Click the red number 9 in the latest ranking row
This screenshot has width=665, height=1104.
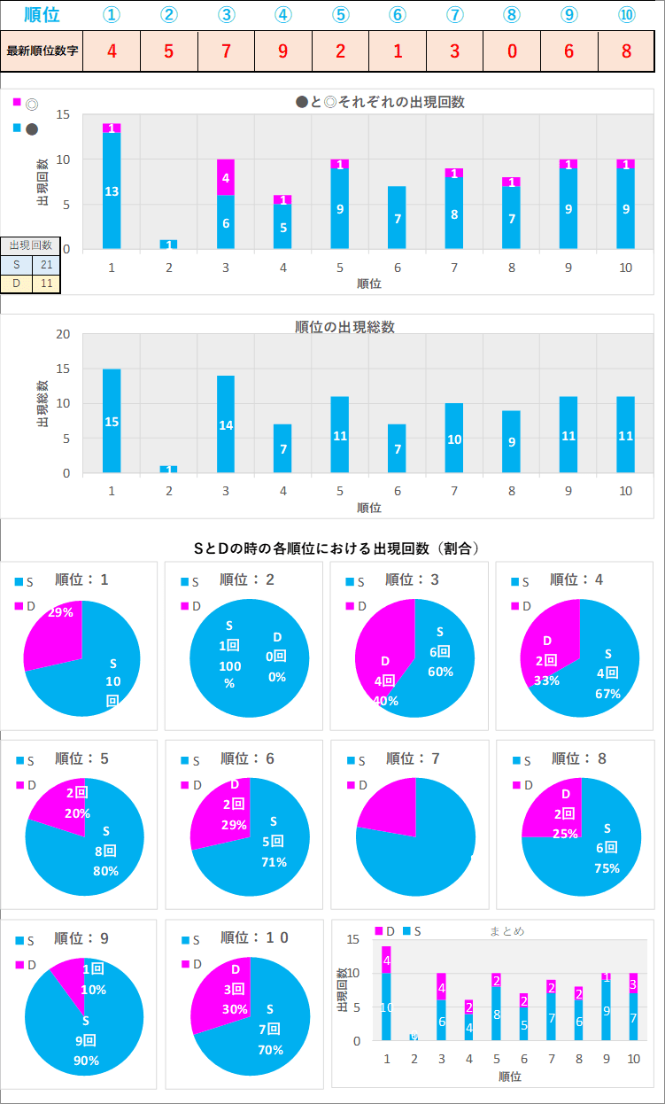pos(282,51)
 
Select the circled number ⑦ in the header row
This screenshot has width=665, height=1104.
pos(454,15)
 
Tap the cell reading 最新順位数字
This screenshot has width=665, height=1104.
pos(42,51)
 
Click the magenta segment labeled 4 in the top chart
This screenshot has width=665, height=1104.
pos(226,177)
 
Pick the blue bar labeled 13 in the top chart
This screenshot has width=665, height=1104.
pos(112,190)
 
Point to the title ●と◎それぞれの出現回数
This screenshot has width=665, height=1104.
pos(380,102)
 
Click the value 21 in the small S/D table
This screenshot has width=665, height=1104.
pos(46,265)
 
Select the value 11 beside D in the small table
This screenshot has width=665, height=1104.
pos(46,284)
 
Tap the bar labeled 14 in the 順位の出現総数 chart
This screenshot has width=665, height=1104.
pos(226,424)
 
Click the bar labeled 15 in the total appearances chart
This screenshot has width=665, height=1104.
pos(112,421)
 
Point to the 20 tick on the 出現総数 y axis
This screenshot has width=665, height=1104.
pos(63,334)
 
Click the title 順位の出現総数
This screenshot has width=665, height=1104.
pos(344,327)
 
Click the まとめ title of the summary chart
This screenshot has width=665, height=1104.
pos(506,930)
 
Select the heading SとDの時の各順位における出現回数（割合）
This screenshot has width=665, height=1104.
pos(336,548)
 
